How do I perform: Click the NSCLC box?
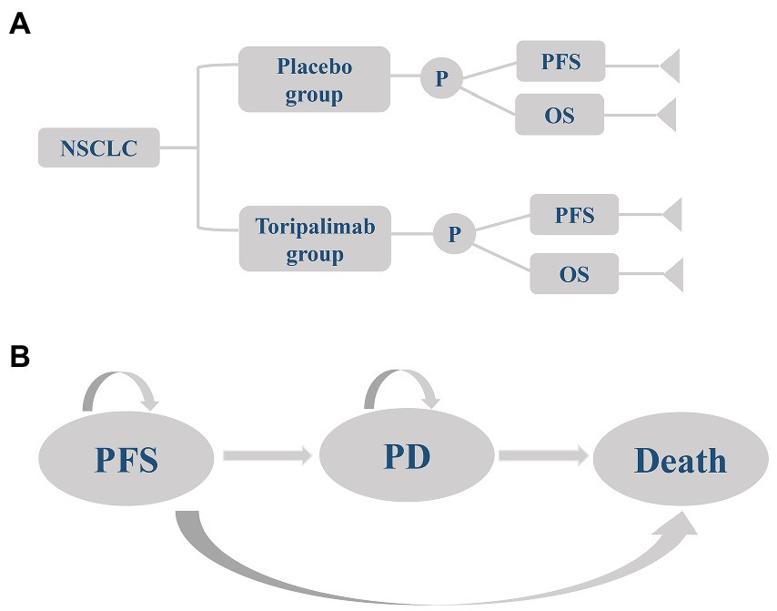tap(99, 148)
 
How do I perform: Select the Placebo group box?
tap(314, 80)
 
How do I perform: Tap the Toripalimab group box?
tap(314, 239)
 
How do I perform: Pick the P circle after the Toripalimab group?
tap(454, 234)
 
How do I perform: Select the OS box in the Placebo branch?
tap(560, 116)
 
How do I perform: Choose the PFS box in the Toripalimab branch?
tap(574, 216)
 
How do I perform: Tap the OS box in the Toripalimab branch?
tap(574, 272)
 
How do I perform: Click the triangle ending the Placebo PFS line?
tap(669, 66)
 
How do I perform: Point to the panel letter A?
tap(19, 25)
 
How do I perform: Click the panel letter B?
tap(19, 356)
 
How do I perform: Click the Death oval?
tap(680, 461)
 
